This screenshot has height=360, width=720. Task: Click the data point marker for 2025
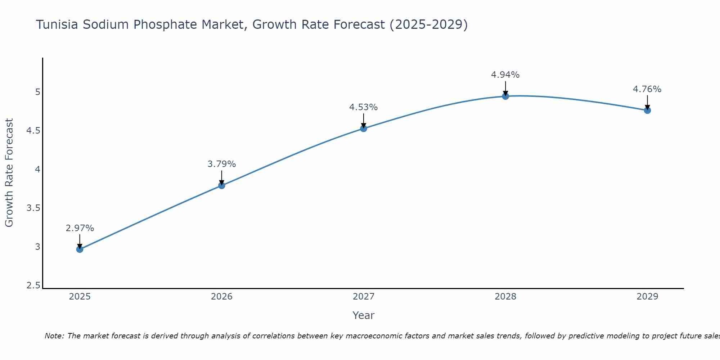click(x=80, y=249)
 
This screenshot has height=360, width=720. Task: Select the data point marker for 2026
click(x=222, y=185)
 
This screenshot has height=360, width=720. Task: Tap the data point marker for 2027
click(x=364, y=129)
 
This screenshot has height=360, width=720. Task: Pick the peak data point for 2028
click(x=505, y=96)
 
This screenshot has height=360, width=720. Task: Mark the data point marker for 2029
click(x=647, y=110)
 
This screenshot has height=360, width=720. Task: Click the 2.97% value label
click(x=80, y=228)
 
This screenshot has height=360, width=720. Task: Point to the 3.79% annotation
click(x=222, y=164)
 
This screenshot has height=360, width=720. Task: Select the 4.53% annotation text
click(x=364, y=107)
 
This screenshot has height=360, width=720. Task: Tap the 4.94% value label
click(x=505, y=75)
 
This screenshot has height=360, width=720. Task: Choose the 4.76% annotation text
click(x=647, y=89)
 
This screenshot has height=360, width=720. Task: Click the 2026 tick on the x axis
click(x=222, y=297)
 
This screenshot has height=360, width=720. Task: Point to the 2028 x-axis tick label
click(x=505, y=297)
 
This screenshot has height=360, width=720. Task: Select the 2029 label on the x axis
click(x=647, y=297)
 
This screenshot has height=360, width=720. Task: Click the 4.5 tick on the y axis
click(x=33, y=131)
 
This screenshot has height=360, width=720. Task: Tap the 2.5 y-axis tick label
click(x=33, y=286)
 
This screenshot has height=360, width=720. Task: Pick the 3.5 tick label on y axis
click(x=33, y=208)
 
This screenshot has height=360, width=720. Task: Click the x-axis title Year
click(x=364, y=315)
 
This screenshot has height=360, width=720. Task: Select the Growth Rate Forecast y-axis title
click(x=9, y=173)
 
